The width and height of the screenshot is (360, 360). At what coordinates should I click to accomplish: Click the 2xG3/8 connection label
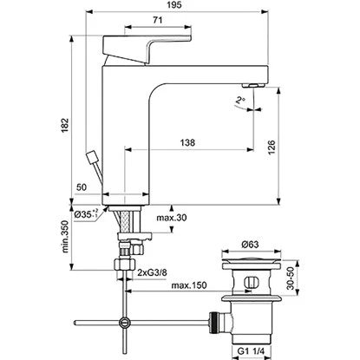tap(155, 273)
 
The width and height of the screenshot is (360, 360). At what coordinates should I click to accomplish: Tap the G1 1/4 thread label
tap(253, 350)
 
